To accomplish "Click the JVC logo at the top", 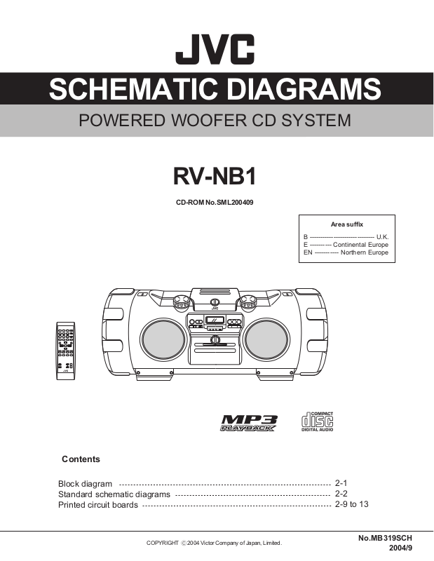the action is point(215,51).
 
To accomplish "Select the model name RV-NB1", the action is point(215,176).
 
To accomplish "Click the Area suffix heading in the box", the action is point(346,224).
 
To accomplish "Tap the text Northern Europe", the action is point(364,252).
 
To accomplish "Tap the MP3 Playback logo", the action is point(249,423).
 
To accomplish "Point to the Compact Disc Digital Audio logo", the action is point(316,421).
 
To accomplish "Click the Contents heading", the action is point(81,459).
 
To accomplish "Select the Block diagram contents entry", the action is point(85,484).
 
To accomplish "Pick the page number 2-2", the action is point(341,494).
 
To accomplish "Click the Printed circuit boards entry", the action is point(97,504).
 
